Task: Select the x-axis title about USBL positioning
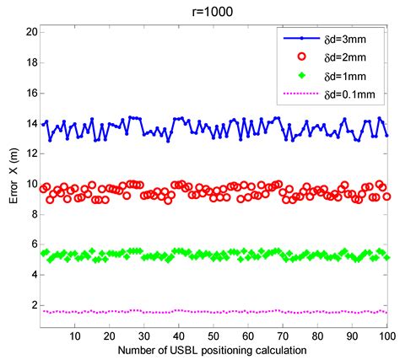213,348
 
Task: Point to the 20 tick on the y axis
30,31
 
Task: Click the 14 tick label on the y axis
30,123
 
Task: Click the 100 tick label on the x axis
386,335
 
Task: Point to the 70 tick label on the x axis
283,335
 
